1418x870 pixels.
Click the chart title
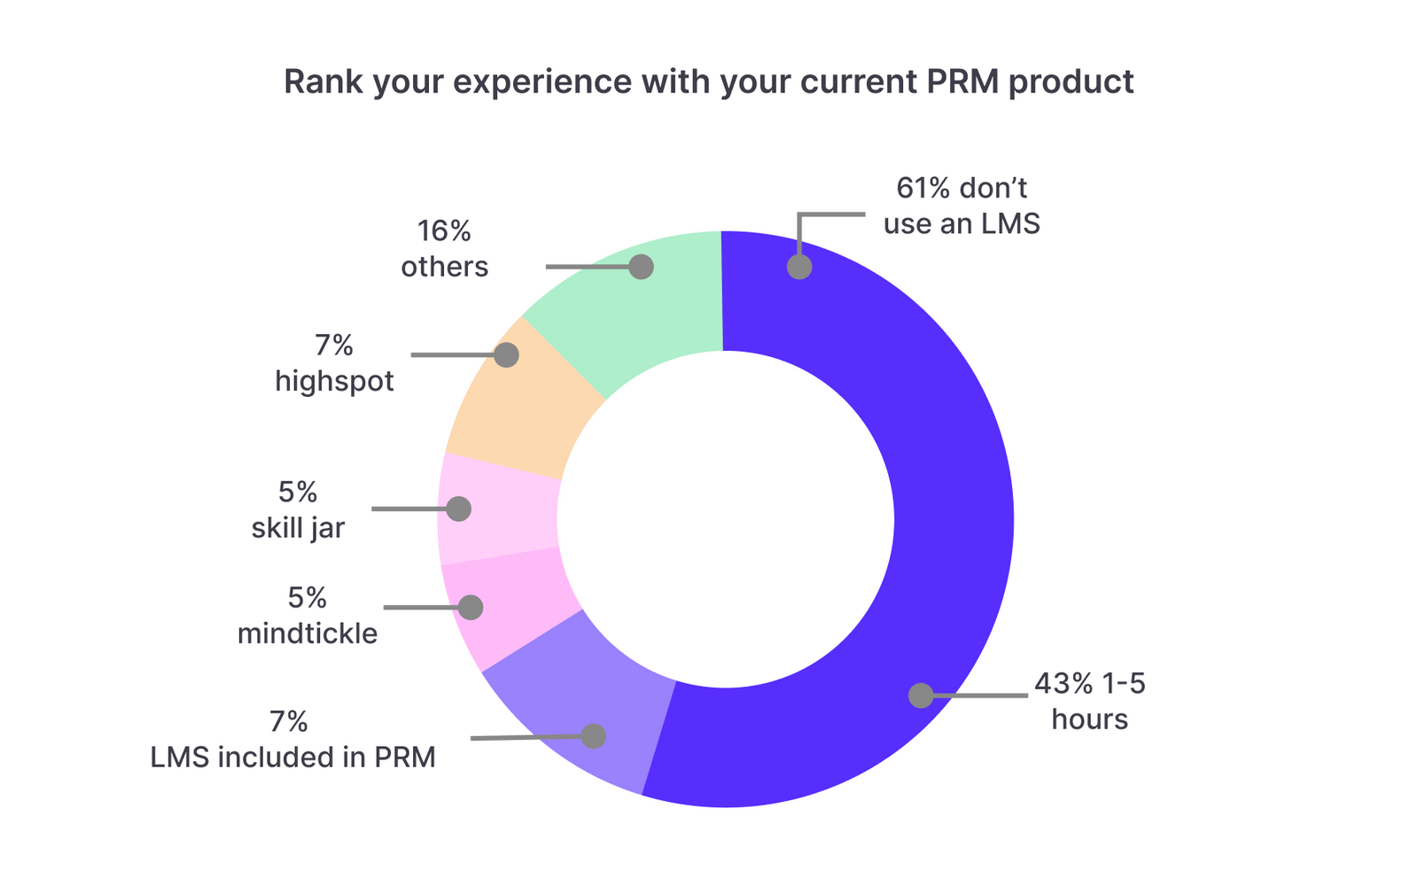[x=708, y=82]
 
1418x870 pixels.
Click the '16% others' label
[x=444, y=249]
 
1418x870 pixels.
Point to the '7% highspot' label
[x=334, y=363]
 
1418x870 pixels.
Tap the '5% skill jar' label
[x=298, y=510]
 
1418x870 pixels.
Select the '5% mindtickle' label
[x=308, y=616]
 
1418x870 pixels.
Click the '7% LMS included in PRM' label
[x=292, y=740]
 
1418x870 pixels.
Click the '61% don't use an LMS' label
[x=962, y=206]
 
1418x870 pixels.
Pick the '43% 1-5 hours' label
[x=1089, y=701]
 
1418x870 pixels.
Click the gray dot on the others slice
[x=642, y=267]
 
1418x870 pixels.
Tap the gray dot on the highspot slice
[x=506, y=355]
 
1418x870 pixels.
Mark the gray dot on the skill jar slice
[x=459, y=509]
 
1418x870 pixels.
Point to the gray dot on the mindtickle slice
[x=471, y=608]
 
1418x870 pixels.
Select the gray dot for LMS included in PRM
[x=594, y=736]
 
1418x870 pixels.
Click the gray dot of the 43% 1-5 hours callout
[x=921, y=695]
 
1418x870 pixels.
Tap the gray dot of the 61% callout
[x=799, y=267]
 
